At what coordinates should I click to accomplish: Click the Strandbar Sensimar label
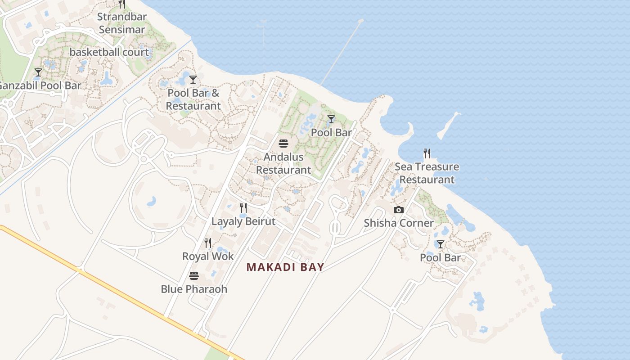click(121, 23)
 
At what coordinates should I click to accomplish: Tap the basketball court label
click(109, 52)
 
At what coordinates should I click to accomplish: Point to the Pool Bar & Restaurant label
click(193, 99)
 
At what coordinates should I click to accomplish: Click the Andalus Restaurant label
click(283, 163)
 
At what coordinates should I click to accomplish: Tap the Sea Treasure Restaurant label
click(427, 173)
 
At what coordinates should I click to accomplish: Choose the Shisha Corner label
click(399, 223)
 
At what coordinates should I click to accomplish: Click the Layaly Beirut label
click(243, 221)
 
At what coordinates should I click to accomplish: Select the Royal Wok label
click(208, 256)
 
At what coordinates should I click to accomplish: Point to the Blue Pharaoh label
click(194, 289)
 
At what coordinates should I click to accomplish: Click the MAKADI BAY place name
click(285, 267)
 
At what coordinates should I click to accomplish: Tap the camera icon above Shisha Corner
click(398, 210)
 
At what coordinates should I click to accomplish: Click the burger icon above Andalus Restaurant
click(283, 144)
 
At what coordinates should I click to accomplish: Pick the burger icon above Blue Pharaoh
click(194, 275)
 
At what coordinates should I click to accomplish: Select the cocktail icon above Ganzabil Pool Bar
click(38, 72)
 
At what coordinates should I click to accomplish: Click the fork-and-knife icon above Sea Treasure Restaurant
click(427, 153)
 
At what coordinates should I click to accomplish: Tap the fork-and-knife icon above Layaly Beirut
click(243, 207)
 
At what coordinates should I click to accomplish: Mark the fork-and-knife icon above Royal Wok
click(208, 243)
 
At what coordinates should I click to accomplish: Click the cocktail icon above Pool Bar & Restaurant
click(193, 80)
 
